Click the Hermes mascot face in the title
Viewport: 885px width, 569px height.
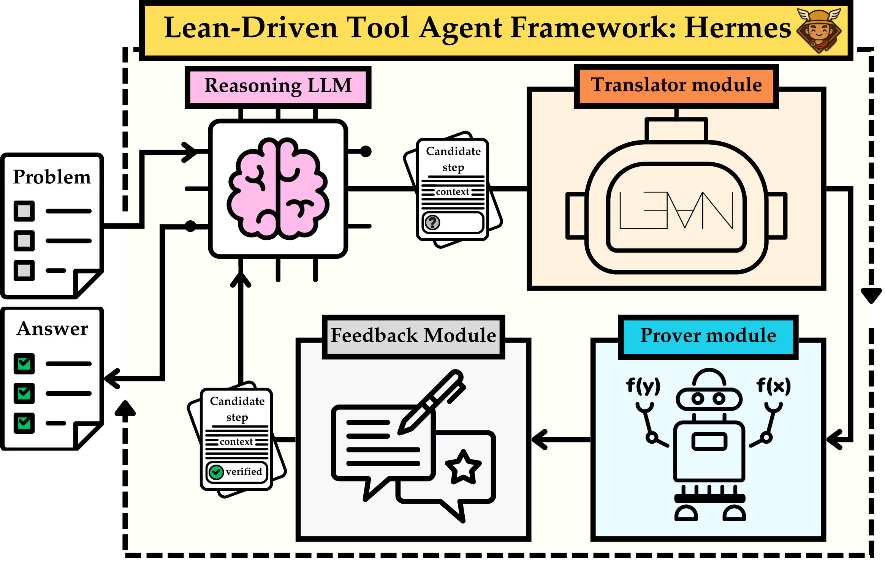coord(819,30)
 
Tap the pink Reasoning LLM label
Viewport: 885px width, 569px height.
coord(278,86)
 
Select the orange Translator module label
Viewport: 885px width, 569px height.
coord(676,85)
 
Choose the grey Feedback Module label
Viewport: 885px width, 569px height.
coord(413,336)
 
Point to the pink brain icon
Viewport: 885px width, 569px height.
coord(278,188)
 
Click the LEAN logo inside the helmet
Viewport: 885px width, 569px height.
coord(676,210)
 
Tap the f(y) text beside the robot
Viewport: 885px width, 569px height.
coord(643,386)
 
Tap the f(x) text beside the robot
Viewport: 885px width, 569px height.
coord(773,386)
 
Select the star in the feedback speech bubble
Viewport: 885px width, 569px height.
coord(463,467)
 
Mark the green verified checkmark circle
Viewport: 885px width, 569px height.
coord(216,472)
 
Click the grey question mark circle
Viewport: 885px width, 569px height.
coord(432,223)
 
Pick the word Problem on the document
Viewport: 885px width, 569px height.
coord(52,177)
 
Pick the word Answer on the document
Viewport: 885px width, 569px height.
coord(52,329)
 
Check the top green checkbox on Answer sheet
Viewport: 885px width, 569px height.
coord(24,364)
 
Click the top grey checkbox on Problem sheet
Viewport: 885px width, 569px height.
coord(24,211)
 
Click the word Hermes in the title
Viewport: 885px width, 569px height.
coord(737,28)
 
